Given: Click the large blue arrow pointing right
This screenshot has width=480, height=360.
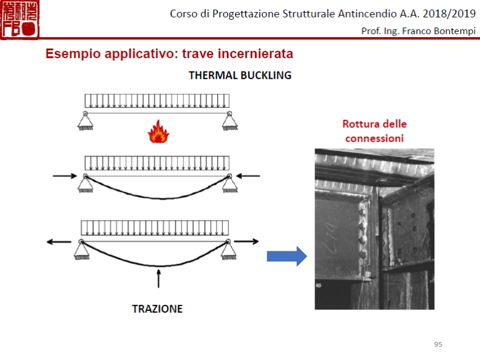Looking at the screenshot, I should [286, 257].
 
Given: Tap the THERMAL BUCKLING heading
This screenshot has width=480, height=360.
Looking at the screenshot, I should [240, 76].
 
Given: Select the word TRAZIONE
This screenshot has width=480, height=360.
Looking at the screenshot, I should [157, 309].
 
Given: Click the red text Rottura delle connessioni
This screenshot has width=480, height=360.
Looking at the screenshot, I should [374, 131].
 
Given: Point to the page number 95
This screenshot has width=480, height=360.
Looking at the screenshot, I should [438, 344].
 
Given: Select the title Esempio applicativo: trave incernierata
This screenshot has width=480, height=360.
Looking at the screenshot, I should [169, 54].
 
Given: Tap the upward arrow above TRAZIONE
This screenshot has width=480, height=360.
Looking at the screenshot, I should [158, 278].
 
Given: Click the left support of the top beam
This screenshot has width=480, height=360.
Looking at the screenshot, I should [85, 121].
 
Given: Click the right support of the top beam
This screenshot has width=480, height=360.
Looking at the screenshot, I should [229, 121].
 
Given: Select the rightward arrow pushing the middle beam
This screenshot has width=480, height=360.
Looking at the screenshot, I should [65, 176].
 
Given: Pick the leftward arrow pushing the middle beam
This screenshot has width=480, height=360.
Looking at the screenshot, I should [248, 176].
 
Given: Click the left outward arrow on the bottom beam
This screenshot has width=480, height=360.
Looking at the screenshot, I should [60, 242].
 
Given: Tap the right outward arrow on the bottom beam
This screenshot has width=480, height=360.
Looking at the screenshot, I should [247, 242].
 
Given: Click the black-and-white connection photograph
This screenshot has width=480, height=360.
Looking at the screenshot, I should [374, 229].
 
